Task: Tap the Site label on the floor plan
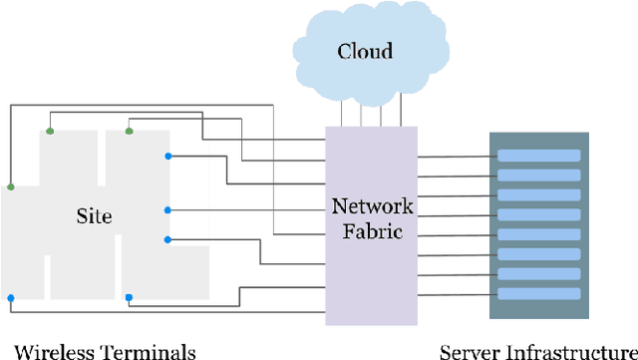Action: click(x=95, y=215)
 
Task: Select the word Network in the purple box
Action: click(x=371, y=206)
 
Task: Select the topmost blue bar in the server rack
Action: click(x=538, y=155)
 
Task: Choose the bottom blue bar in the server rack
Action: click(x=538, y=294)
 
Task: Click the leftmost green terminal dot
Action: click(x=11, y=186)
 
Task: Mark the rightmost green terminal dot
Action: click(x=130, y=131)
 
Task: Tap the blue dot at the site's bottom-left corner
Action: click(x=11, y=298)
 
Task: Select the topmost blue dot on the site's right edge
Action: click(x=168, y=156)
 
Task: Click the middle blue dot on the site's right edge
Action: click(x=168, y=209)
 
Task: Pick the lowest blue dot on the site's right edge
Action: click(x=168, y=238)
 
